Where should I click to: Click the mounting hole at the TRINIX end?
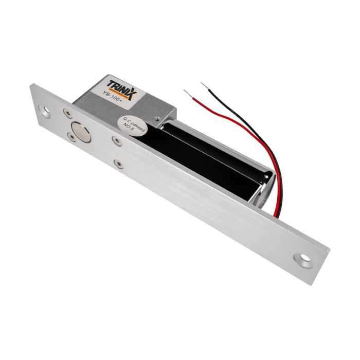point(47,110)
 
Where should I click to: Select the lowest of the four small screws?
point(118,164)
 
